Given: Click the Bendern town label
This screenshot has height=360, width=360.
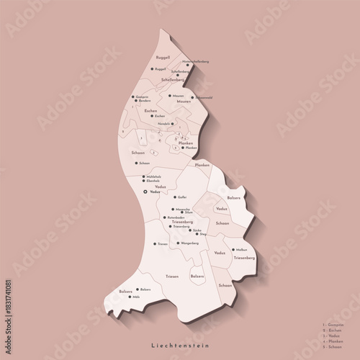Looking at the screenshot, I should click(x=144, y=102).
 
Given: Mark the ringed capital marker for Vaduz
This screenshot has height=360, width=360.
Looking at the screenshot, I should click(x=146, y=192).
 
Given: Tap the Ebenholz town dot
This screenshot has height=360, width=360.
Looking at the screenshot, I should click(x=143, y=181).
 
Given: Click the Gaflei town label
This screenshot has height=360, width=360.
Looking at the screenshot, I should click(x=182, y=197).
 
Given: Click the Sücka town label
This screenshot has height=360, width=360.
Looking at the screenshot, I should click(x=197, y=230).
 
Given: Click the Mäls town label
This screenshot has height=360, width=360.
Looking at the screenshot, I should click(x=136, y=296).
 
